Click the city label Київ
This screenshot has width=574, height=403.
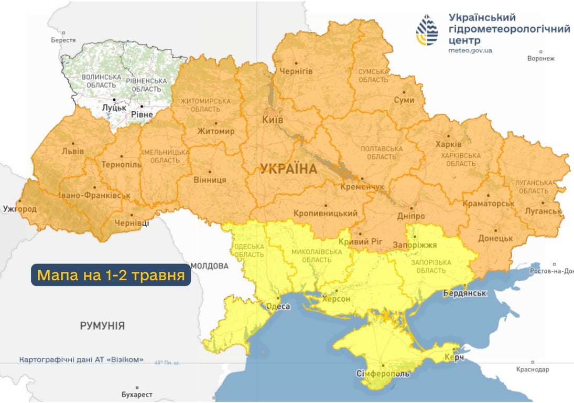click(273, 120)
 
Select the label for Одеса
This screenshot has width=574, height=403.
click(279, 306)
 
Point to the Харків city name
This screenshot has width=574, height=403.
click(449, 144)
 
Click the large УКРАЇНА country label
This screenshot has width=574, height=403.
click(289, 169)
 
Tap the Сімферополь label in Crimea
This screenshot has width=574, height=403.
click(383, 374)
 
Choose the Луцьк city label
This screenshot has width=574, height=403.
click(114, 107)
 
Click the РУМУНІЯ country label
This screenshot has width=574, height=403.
click(102, 326)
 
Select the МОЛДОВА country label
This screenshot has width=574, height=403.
click(210, 266)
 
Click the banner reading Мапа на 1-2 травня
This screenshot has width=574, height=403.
click(111, 275)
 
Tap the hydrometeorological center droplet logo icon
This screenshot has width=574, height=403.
click(427, 30)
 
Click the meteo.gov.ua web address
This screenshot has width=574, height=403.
click(470, 50)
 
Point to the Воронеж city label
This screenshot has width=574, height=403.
click(540, 58)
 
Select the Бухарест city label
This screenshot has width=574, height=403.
click(136, 394)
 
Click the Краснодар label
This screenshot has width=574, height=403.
click(532, 369)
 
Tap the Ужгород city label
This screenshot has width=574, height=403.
click(19, 209)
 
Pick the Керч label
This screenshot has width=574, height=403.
click(453, 357)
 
